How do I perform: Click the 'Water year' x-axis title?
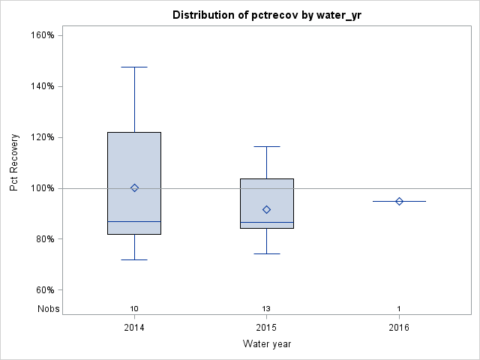coord(267,344)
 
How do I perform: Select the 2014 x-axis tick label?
coord(134,328)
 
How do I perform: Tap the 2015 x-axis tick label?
coord(267,328)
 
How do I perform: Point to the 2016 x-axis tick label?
coord(399,328)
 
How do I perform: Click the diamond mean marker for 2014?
coord(134,188)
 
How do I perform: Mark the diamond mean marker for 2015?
coord(267,209)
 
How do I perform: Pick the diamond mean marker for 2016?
coord(399,201)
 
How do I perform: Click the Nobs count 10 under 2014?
coord(134,309)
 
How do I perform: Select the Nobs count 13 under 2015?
coord(267,309)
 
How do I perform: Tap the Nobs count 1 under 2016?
coord(399,309)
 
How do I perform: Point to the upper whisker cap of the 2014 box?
coord(134,67)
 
